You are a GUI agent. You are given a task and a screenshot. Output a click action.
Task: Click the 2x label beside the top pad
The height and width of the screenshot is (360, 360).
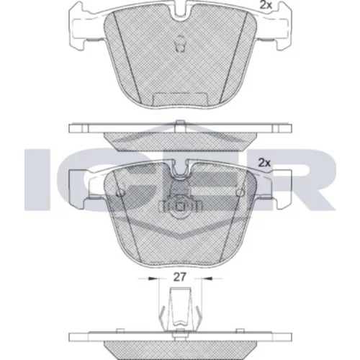(x=266, y=5)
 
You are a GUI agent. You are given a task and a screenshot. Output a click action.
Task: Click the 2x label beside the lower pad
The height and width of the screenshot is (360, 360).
(x=264, y=163)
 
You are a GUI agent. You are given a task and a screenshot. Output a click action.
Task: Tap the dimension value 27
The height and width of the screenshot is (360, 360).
(x=180, y=277)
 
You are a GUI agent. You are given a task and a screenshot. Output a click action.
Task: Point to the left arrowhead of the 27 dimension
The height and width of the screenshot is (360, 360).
(x=153, y=279)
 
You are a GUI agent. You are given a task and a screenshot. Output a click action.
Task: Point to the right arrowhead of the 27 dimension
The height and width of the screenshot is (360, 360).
(x=208, y=279)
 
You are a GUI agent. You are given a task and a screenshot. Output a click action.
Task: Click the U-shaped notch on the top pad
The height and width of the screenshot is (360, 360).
(x=180, y=12)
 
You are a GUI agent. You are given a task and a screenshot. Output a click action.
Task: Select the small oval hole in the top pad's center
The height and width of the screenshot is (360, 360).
(x=180, y=43)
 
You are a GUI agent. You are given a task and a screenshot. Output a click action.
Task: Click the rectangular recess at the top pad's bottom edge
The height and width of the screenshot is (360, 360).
(x=180, y=99)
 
